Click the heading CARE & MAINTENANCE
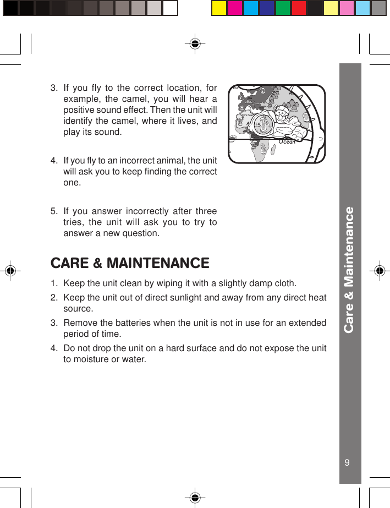tap(130, 263)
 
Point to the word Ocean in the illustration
tap(287, 141)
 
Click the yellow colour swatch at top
tap(219, 8)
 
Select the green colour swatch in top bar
tap(283, 8)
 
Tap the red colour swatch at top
tap(299, 8)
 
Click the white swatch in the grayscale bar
tap(171, 8)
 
